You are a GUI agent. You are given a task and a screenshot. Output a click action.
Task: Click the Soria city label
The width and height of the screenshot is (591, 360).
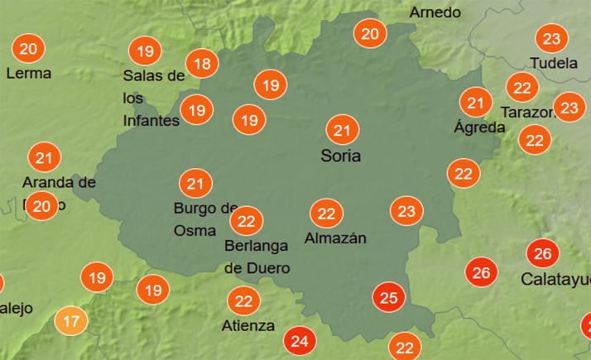point(341,156)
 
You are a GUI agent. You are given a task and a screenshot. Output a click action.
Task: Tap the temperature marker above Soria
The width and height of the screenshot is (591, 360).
point(342,130)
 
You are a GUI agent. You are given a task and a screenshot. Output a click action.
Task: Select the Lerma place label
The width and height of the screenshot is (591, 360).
point(28,74)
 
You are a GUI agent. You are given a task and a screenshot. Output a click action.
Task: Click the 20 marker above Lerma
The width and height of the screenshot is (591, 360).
point(28,49)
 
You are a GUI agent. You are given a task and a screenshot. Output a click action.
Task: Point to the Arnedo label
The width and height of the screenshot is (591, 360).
point(435,12)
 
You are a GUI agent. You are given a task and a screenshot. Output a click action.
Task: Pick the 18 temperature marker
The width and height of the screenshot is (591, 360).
point(201,63)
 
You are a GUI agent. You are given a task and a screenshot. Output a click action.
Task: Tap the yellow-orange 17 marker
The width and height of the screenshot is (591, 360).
point(71,320)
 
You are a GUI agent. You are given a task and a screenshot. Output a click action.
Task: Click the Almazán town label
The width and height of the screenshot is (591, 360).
point(335,238)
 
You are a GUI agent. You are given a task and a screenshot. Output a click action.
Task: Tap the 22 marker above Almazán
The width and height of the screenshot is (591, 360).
point(326,214)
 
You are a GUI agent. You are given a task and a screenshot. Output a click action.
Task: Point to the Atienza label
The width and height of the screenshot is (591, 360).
point(248,325)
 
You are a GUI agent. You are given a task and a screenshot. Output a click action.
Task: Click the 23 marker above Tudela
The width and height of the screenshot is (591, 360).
point(551,38)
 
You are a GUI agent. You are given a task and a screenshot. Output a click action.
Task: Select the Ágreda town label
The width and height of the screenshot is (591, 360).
point(479,127)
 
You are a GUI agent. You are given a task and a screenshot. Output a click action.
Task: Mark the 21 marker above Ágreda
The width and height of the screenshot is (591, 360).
point(475,103)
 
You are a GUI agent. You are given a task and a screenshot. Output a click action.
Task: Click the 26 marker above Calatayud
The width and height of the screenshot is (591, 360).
point(543,253)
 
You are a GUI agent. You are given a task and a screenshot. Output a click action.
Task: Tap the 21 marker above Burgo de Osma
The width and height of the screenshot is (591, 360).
point(195,183)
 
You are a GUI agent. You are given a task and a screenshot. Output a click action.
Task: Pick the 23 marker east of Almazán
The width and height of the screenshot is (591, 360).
point(406,211)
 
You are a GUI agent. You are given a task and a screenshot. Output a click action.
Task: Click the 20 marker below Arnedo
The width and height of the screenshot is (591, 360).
point(370,34)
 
